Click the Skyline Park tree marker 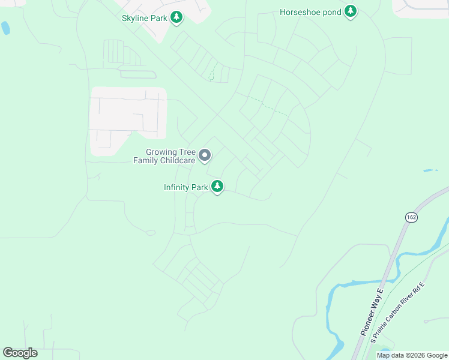(176, 18)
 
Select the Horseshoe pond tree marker (351, 11)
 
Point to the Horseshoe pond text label (310, 12)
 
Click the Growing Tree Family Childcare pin (205, 156)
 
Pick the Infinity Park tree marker (217, 187)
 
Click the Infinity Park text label (185, 187)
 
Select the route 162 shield (411, 217)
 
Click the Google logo (20, 352)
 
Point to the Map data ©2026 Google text (412, 355)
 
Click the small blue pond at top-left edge (5, 28)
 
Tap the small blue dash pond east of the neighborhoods (430, 170)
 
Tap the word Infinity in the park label (177, 187)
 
